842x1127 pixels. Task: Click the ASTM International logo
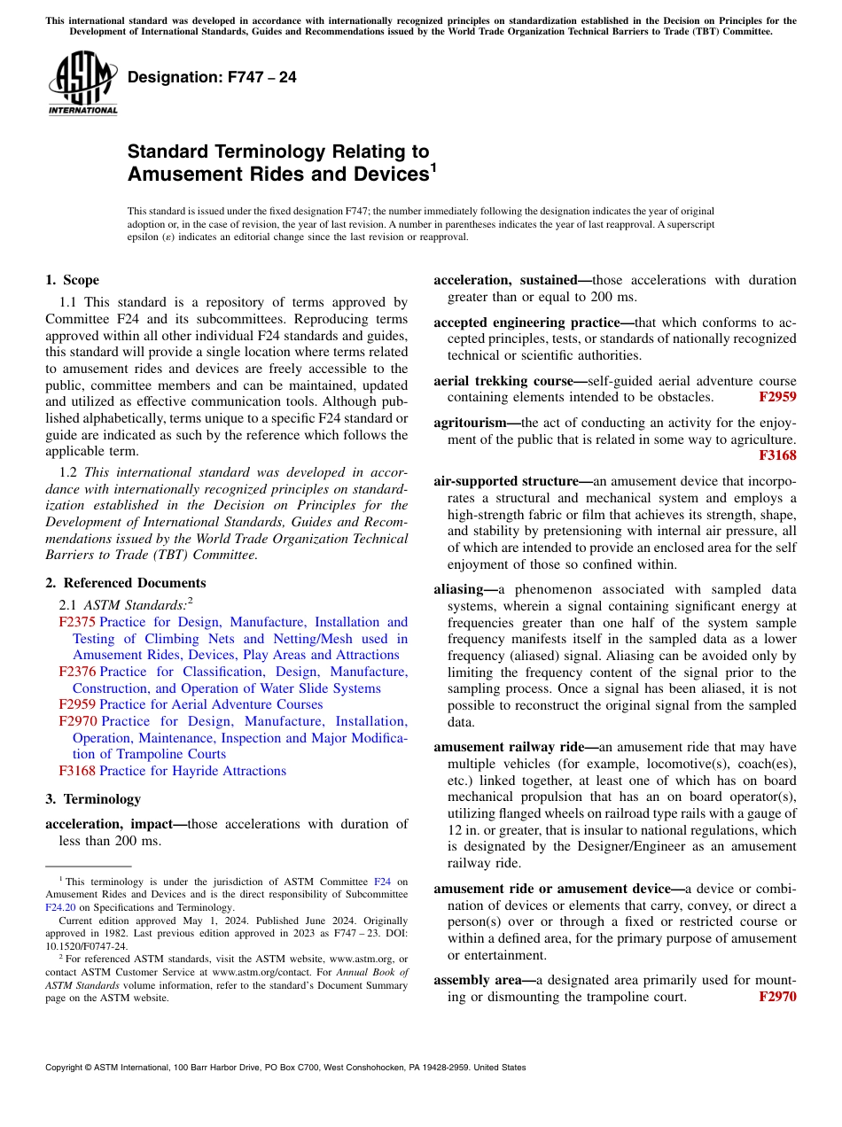(x=82, y=82)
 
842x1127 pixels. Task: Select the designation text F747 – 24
(x=212, y=78)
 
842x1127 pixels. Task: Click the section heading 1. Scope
(x=72, y=281)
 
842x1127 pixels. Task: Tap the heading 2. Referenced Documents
(x=125, y=583)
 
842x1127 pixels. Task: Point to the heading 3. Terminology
(x=92, y=799)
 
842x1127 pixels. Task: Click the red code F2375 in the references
(x=76, y=622)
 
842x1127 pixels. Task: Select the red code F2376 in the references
(x=76, y=672)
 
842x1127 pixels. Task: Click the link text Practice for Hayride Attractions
(x=192, y=771)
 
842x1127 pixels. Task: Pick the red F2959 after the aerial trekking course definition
(x=777, y=398)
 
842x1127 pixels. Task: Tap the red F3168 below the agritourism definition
(x=777, y=455)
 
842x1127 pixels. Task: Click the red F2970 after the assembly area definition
(x=777, y=997)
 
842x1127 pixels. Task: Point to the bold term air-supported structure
(x=505, y=481)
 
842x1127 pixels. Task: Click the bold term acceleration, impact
(x=108, y=824)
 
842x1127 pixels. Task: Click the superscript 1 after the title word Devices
(x=433, y=167)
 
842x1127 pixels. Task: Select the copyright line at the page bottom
(x=285, y=1068)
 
